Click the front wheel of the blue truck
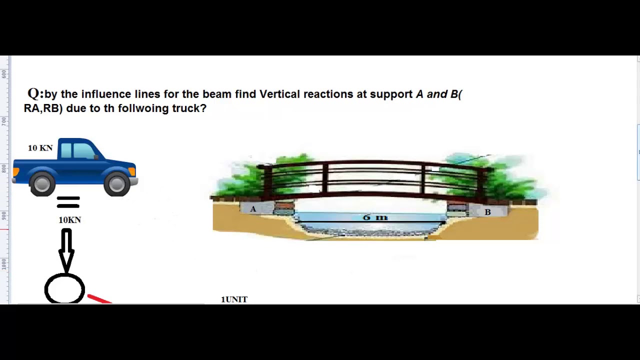click(x=117, y=183)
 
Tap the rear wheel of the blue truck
click(x=42, y=183)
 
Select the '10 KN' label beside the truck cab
click(x=40, y=148)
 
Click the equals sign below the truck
click(x=68, y=202)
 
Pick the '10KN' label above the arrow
click(x=69, y=220)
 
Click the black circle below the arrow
click(x=64, y=289)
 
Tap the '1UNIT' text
click(x=234, y=299)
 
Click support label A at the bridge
click(x=253, y=209)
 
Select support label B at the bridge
click(x=487, y=212)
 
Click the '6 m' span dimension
click(x=375, y=217)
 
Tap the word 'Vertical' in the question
click(x=279, y=94)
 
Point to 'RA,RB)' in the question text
click(x=43, y=108)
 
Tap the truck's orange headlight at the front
click(x=132, y=171)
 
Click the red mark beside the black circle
click(x=99, y=299)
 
